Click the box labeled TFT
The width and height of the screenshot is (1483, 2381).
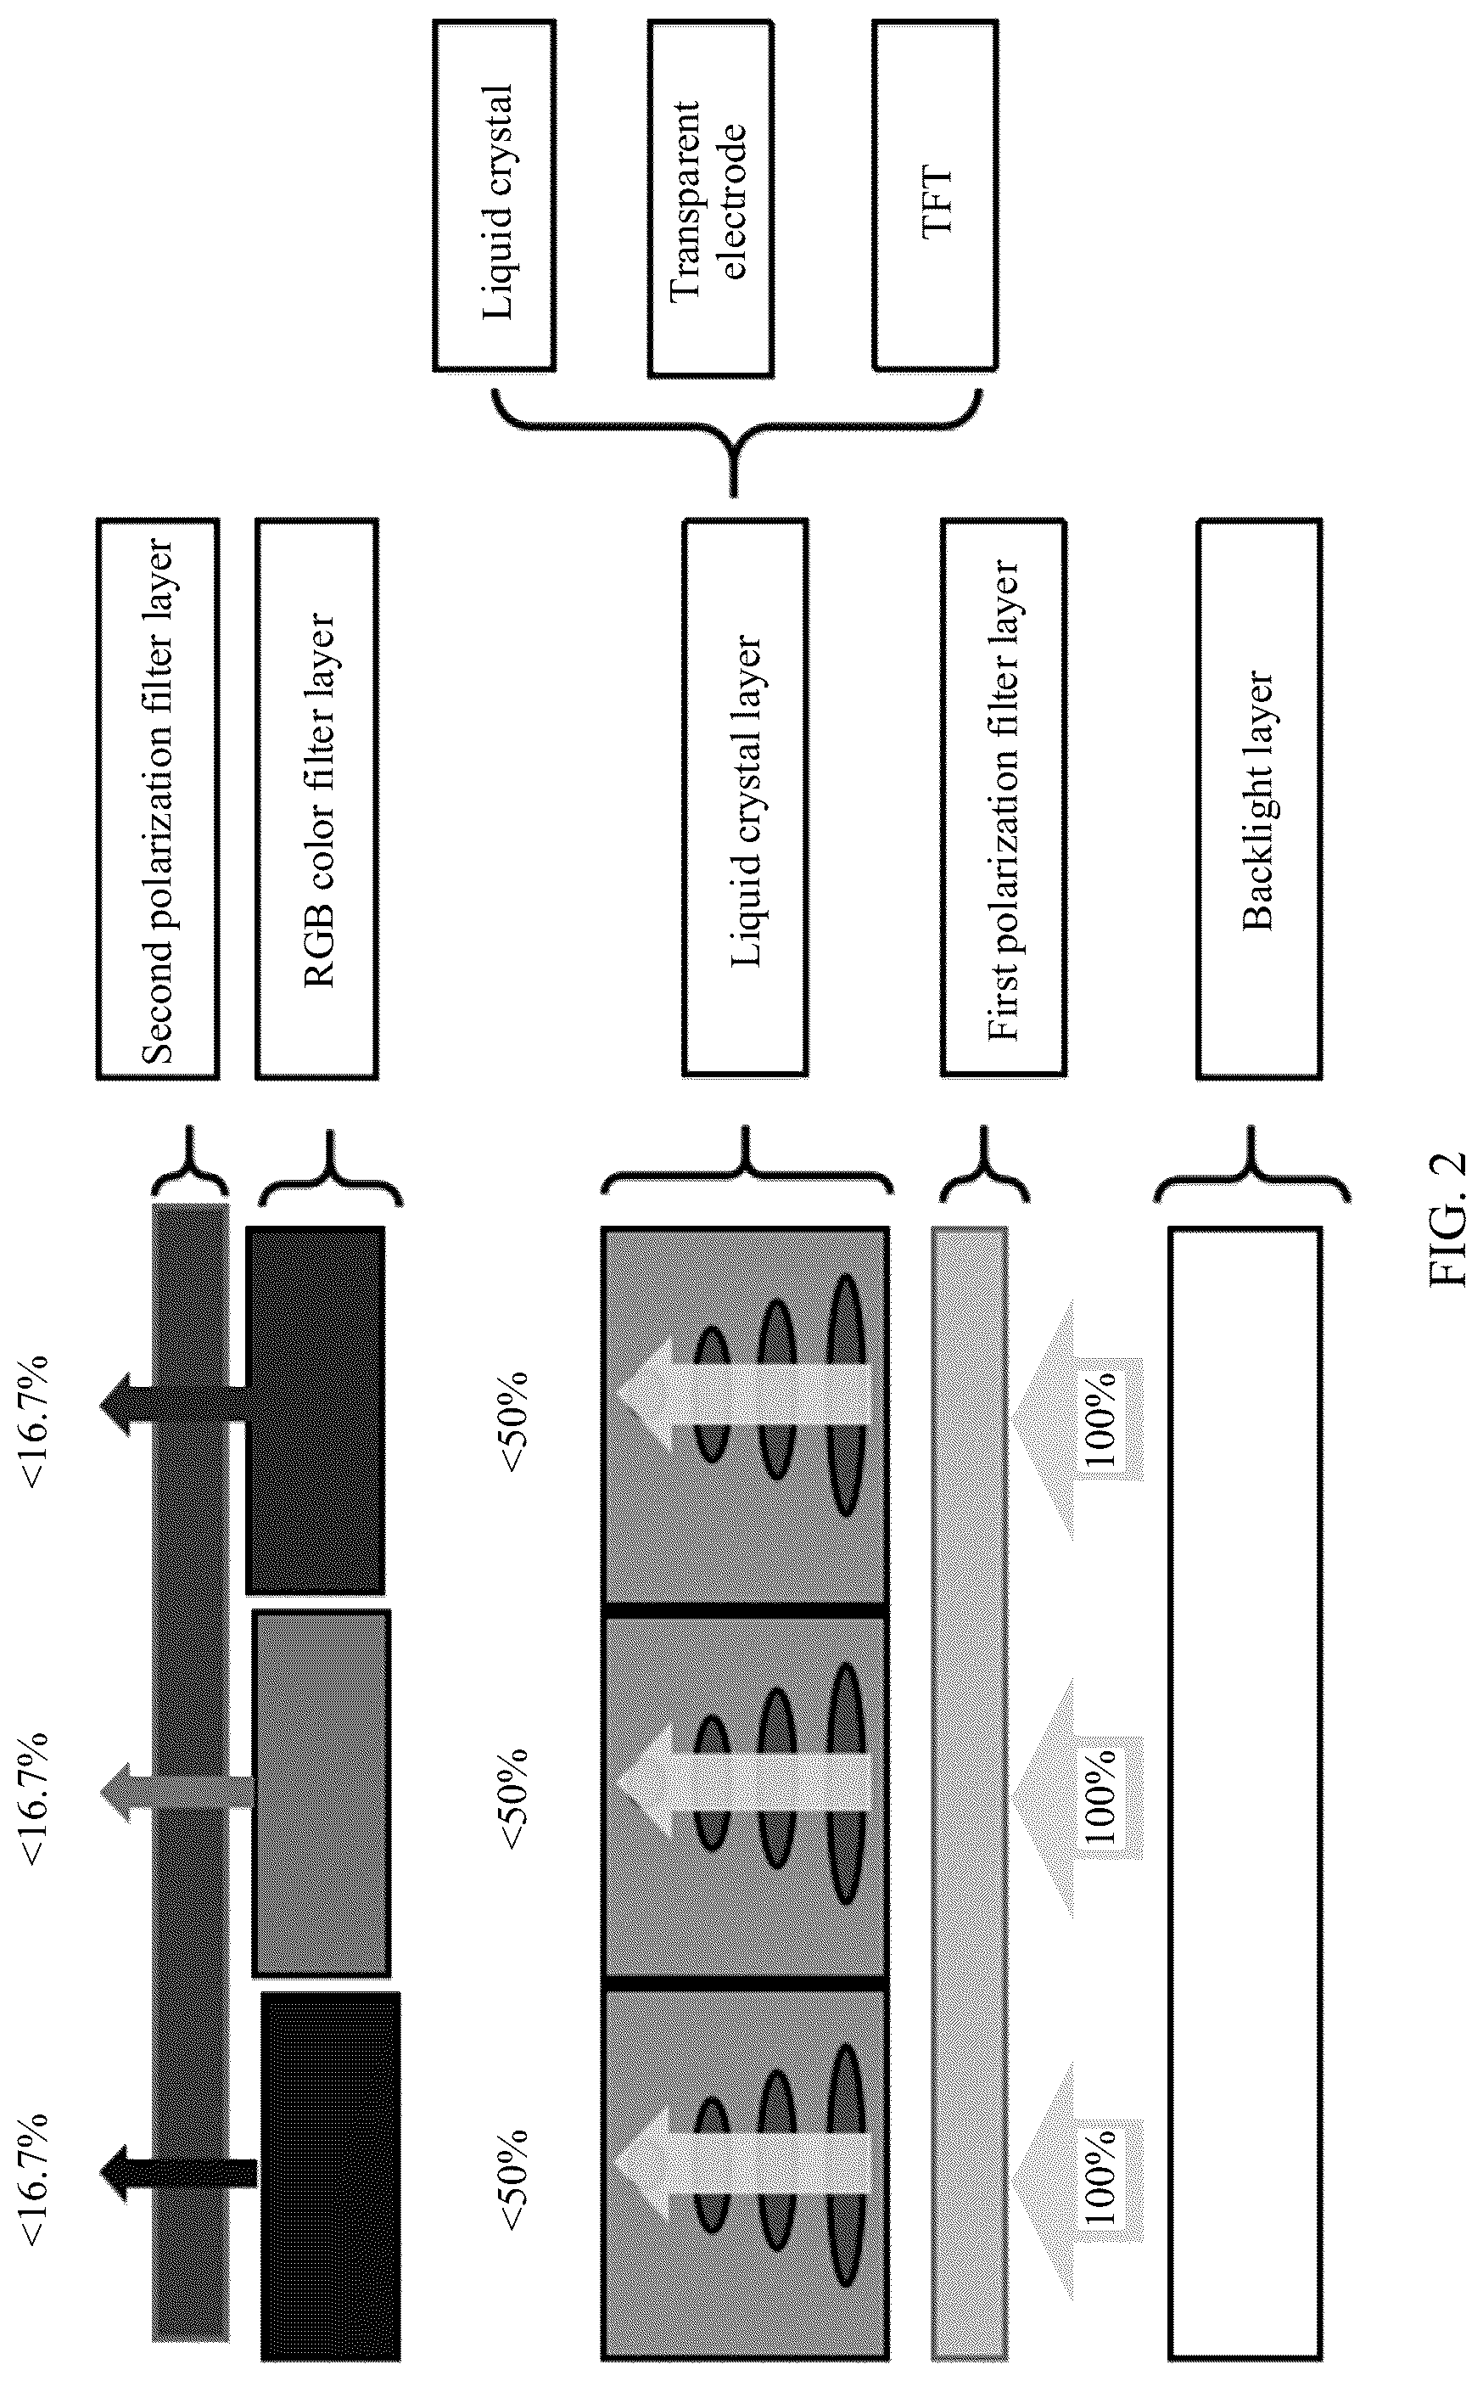click(935, 195)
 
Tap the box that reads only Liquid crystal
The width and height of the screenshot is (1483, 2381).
click(495, 195)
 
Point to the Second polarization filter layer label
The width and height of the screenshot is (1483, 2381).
click(158, 799)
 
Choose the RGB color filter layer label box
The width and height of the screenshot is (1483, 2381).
click(316, 799)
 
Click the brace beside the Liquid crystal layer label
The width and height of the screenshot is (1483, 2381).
click(747, 1172)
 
